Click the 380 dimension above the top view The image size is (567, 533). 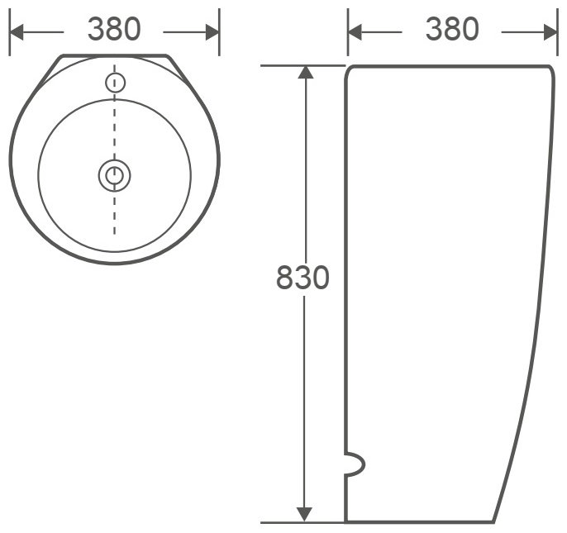coord(114,29)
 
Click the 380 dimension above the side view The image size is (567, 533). coord(452,29)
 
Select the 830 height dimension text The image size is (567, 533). coord(303,278)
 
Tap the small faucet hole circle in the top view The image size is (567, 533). coord(116,83)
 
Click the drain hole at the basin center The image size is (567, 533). coord(115,175)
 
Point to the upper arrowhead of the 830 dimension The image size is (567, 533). coord(306,73)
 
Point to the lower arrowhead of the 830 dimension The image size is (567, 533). coord(304,515)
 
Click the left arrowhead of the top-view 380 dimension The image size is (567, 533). coord(17,32)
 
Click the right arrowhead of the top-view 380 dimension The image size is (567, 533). coord(212,32)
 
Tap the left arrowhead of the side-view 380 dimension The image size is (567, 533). coord(355,32)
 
